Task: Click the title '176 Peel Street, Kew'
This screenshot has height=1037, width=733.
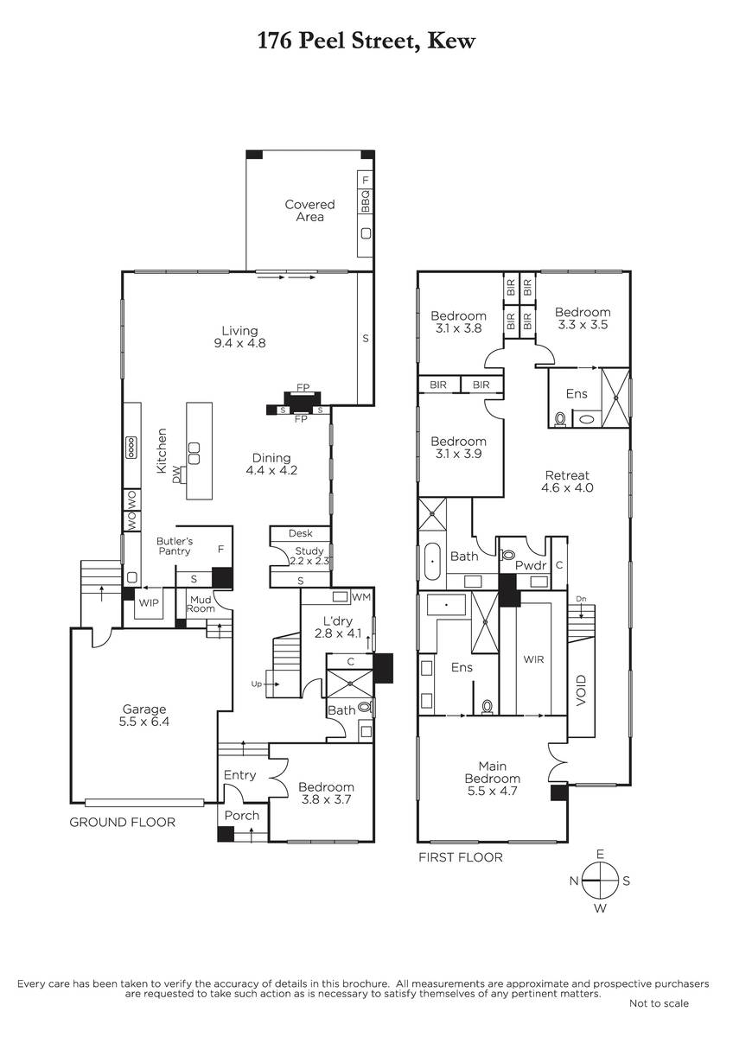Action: [366, 41]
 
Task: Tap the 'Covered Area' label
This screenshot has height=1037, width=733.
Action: [309, 211]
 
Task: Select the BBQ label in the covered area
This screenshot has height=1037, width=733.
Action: [366, 200]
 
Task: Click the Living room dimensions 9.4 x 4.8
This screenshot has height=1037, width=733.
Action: [239, 343]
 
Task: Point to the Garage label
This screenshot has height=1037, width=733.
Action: [144, 709]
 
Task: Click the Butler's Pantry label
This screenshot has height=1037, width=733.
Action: [174, 546]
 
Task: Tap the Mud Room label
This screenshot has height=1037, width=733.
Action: [201, 604]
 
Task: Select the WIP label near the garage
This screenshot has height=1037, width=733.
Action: [149, 603]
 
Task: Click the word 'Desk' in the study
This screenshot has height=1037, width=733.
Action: [301, 533]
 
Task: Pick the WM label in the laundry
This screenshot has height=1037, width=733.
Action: [361, 597]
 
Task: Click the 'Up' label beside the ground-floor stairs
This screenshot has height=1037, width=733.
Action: [256, 684]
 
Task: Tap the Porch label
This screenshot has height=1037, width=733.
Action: [242, 815]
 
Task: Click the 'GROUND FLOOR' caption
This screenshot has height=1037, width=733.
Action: [122, 822]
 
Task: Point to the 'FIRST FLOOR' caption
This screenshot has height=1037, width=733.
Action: [460, 857]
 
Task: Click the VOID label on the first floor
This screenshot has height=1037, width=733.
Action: [581, 690]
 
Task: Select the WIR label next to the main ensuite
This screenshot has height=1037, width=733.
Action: [533, 659]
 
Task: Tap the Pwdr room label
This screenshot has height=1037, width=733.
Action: [531, 565]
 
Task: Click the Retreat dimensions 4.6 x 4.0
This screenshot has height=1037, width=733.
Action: [567, 487]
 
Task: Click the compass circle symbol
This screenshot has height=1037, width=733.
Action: [600, 881]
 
